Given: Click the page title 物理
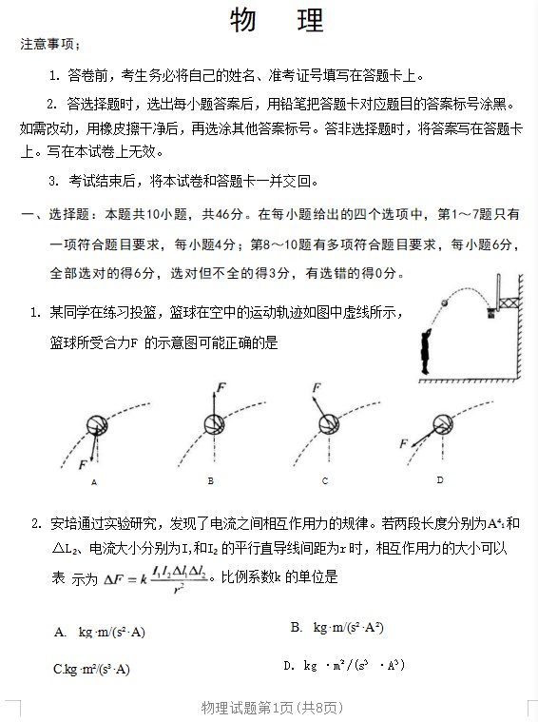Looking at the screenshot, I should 277,20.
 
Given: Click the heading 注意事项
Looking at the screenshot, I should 50,44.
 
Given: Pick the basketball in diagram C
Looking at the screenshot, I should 330,424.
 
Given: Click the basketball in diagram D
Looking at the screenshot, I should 444,425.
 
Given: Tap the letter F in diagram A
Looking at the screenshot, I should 84,464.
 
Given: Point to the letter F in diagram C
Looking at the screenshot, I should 317,387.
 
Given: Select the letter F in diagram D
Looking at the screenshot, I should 404,443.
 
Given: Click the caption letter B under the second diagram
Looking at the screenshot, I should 211,481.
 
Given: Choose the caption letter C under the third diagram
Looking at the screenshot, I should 325,481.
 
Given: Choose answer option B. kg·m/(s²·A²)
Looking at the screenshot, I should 336,628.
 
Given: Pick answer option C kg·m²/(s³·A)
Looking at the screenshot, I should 91,669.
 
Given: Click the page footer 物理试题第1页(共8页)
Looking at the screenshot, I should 272,707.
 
